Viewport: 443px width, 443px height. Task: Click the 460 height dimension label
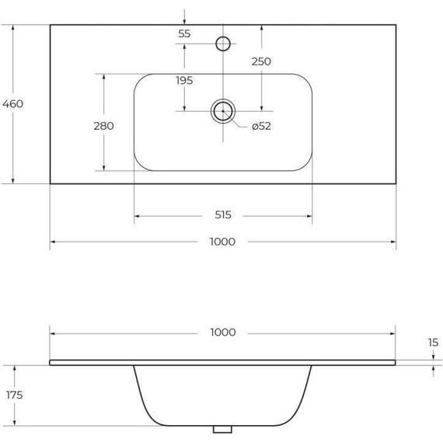point(13,104)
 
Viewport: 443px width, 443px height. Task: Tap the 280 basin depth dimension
point(103,126)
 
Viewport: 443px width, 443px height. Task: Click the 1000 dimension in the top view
point(222,242)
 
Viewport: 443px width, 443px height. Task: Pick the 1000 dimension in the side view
point(222,332)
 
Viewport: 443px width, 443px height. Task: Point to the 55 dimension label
point(184,33)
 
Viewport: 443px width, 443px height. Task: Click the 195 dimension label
point(184,80)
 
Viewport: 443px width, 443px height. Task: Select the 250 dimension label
point(261,61)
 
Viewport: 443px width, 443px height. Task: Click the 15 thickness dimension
point(433,342)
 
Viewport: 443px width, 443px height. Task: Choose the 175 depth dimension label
point(13,395)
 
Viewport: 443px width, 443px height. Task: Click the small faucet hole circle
point(223,43)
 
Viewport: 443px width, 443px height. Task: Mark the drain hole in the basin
point(223,111)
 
